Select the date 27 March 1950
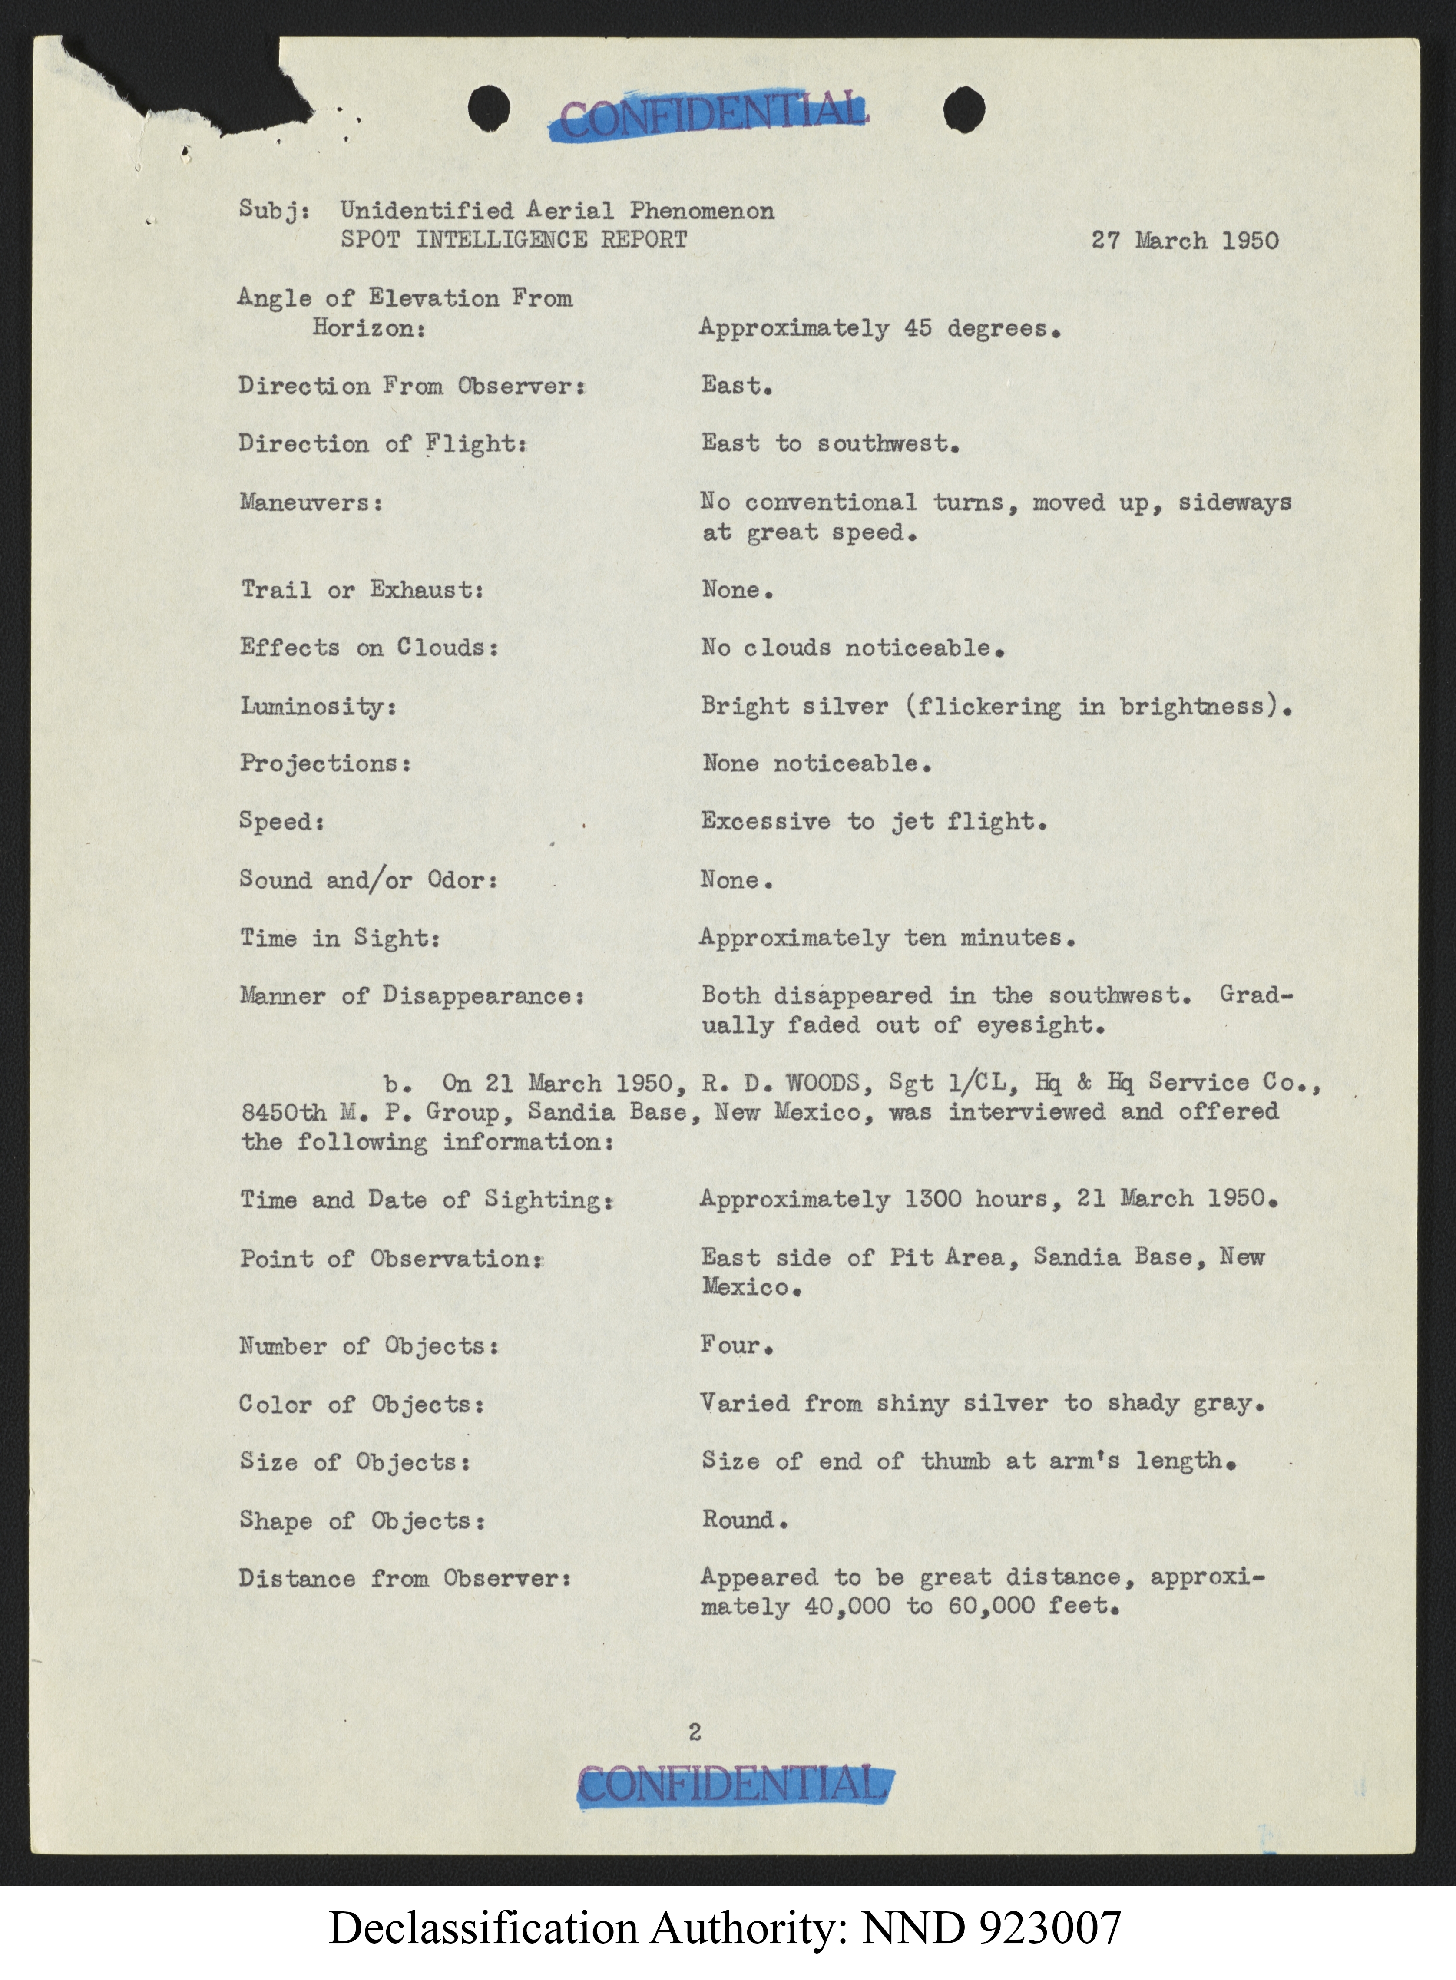(x=1185, y=241)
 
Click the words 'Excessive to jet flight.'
(x=874, y=821)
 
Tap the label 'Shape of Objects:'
(x=361, y=1521)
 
